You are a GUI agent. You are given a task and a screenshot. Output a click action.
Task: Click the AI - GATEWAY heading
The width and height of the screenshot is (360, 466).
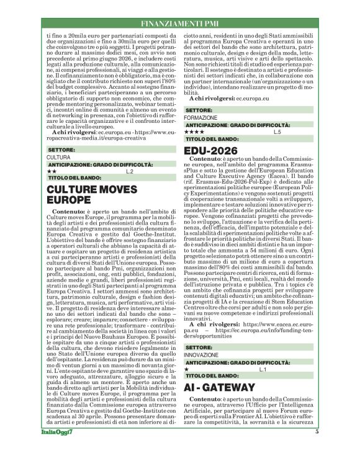click(x=220, y=387)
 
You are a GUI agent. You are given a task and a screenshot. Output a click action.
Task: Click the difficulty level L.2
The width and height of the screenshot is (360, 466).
click(x=130, y=171)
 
